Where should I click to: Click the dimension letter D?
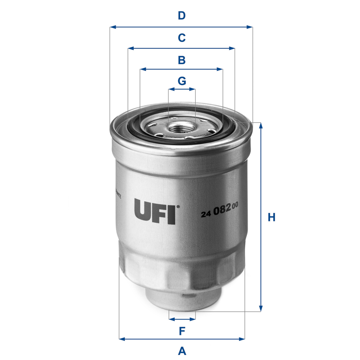(x=181, y=16)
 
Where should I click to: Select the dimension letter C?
(x=181, y=38)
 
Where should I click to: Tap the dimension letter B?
(x=181, y=60)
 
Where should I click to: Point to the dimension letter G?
(x=181, y=81)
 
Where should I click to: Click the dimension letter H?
(x=271, y=217)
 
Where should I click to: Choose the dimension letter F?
(x=182, y=331)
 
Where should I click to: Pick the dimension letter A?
(x=182, y=350)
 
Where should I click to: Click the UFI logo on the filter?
(x=155, y=211)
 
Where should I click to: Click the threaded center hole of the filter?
(x=181, y=128)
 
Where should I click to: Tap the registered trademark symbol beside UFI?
(x=178, y=207)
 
